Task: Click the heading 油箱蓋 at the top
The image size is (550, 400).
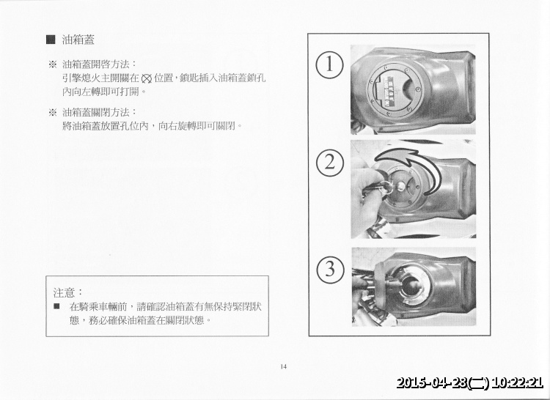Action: [78, 39]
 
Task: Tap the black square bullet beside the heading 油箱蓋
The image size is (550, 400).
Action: [51, 39]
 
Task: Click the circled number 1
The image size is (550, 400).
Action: [330, 64]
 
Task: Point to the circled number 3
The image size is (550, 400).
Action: [330, 269]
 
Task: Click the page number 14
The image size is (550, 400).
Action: [283, 366]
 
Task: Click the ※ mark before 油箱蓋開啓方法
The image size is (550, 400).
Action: [52, 64]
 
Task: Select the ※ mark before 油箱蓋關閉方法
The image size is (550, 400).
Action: [52, 111]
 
